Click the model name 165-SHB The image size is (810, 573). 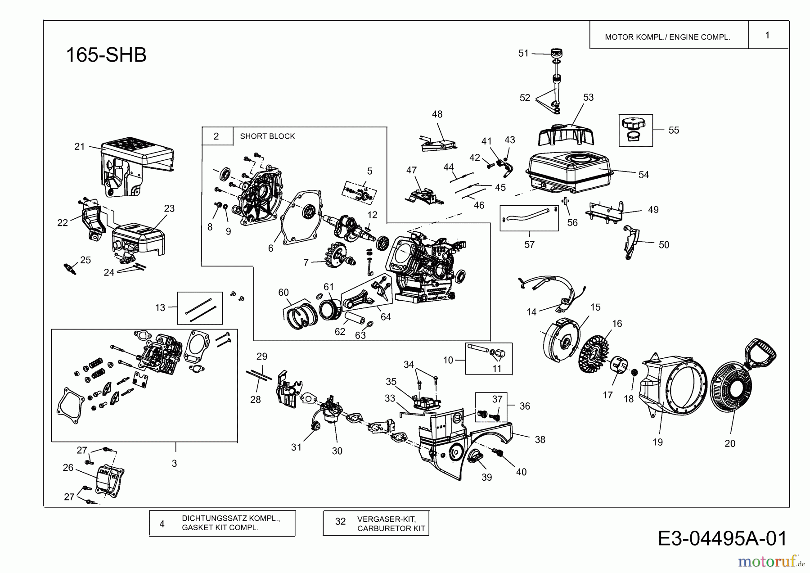click(106, 55)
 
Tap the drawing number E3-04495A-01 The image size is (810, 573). click(722, 538)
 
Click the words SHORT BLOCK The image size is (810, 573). click(267, 136)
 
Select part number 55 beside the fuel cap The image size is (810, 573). click(674, 130)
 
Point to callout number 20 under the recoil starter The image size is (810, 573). click(730, 443)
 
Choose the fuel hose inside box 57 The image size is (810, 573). click(527, 213)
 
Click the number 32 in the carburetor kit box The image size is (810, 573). click(341, 522)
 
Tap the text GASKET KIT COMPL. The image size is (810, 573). click(220, 528)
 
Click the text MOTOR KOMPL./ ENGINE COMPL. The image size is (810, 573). click(667, 37)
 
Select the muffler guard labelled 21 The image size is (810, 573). click(135, 167)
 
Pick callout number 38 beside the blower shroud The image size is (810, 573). click(540, 439)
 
